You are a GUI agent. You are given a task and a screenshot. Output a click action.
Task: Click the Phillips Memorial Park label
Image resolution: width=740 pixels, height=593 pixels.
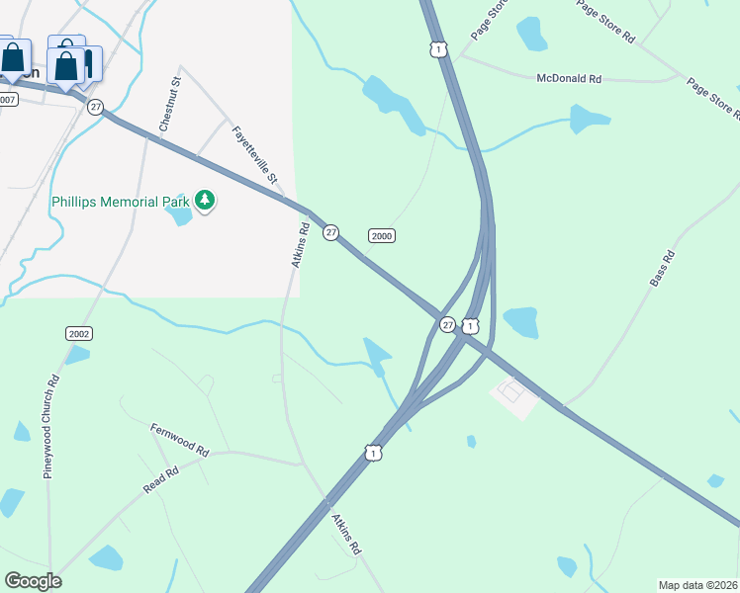coord(121,202)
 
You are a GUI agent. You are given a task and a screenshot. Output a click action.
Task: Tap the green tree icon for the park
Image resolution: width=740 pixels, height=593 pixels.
coord(205,202)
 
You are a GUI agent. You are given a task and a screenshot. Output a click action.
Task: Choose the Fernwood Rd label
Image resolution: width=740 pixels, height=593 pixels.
coord(179,440)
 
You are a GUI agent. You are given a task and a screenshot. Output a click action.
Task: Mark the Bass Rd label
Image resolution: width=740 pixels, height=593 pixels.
coord(662,269)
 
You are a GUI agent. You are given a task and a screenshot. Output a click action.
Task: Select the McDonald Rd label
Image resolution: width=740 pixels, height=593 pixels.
coord(569,78)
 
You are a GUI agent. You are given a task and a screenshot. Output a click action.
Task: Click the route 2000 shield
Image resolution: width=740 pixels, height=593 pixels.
coord(382,235)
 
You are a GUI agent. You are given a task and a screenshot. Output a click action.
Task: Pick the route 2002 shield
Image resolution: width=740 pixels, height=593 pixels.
coord(79,333)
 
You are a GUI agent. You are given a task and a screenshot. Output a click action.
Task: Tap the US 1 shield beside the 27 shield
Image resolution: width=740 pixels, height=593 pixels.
coord(470,325)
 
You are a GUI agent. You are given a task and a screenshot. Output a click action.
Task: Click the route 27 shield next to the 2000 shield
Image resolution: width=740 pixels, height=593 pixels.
coord(331,232)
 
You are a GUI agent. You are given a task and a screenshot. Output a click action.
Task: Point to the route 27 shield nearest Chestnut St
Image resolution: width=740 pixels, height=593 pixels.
coord(95,107)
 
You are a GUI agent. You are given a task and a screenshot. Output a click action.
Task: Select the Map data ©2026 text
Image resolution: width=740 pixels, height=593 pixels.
coord(697,585)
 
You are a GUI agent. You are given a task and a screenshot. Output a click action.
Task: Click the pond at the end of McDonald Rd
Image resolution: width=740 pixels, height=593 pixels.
coord(590,120)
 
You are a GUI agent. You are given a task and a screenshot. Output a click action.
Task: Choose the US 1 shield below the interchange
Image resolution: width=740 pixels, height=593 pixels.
coord(372,452)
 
